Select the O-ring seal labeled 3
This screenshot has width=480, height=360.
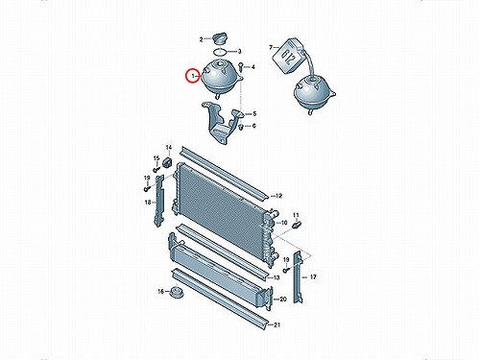click(x=220, y=51)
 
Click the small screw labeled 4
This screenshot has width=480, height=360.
click(x=240, y=67)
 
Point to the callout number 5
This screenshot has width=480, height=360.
click(x=254, y=113)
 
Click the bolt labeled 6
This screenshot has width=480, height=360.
click(x=241, y=127)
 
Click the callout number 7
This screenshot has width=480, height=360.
click(x=271, y=48)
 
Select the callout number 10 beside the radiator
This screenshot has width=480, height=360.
click(x=284, y=223)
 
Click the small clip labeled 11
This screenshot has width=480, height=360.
click(x=297, y=225)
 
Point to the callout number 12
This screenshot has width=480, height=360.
click(x=278, y=196)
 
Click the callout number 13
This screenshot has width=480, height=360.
click(x=276, y=277)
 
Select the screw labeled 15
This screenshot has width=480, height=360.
click(x=156, y=168)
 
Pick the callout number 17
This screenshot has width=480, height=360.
click(x=313, y=276)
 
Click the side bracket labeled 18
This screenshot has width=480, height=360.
click(x=159, y=201)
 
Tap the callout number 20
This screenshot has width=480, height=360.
click(x=283, y=300)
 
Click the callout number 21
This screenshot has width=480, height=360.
click(x=276, y=324)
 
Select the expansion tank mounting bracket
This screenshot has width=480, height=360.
click(x=221, y=123)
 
